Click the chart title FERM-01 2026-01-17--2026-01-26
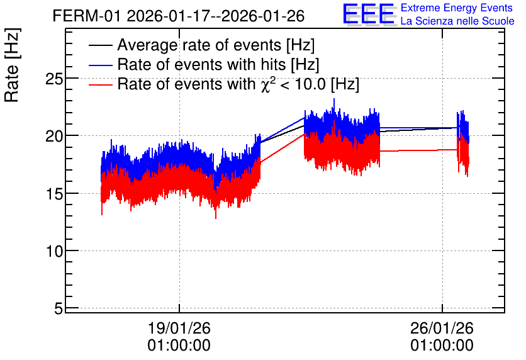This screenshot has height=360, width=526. point(179,16)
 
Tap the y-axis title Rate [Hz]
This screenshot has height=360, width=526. point(12,65)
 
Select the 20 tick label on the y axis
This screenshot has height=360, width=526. point(54,136)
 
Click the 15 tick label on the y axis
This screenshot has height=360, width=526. point(54,194)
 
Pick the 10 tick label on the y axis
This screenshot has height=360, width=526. point(54,251)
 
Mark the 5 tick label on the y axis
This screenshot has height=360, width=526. point(59,308)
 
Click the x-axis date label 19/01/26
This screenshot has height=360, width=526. point(179,328)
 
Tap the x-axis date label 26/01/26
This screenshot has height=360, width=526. point(442,328)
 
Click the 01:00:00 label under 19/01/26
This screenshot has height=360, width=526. point(179,346)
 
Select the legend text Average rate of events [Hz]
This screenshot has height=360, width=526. point(216,45)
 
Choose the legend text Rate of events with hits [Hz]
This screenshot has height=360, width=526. point(218,64)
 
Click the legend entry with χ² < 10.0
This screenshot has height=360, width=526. point(238,84)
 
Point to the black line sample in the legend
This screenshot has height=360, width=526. point(100,45)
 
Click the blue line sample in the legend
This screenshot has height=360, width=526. point(100,65)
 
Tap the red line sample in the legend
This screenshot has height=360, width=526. point(100,84)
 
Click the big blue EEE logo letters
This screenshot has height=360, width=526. point(369,14)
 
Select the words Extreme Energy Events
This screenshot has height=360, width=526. point(457,8)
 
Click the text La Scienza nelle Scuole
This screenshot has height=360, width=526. point(457,21)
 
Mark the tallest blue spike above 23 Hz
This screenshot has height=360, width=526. point(334,100)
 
